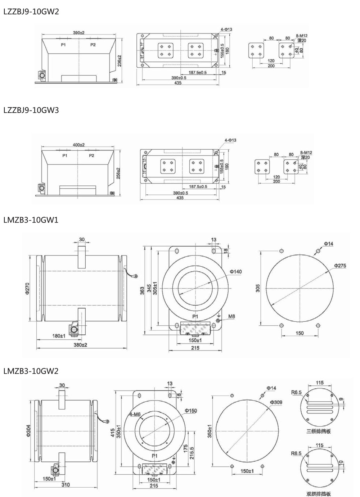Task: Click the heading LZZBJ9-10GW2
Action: pos(31,12)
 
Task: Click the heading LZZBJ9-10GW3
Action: pos(31,110)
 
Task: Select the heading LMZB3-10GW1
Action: pos(31,220)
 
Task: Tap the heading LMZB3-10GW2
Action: pos(31,371)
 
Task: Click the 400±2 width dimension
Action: pos(78,145)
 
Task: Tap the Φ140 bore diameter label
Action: pos(236,271)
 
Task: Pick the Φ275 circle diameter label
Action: pos(340,266)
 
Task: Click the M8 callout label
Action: pos(231,317)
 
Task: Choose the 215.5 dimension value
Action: pos(192,451)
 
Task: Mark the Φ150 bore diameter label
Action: pos(191,411)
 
